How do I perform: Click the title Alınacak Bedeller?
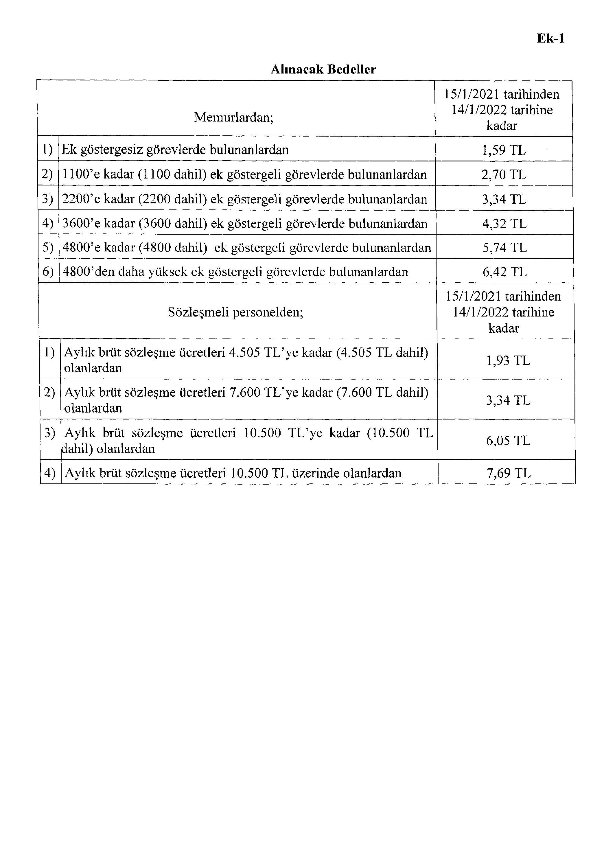(x=323, y=69)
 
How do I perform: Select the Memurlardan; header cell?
(x=234, y=117)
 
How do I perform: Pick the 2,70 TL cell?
(x=504, y=175)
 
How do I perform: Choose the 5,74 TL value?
(x=504, y=248)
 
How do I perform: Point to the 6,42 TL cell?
(x=504, y=272)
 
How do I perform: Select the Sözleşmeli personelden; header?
(x=235, y=312)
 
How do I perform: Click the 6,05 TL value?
(x=508, y=441)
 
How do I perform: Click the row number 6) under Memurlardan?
(x=48, y=272)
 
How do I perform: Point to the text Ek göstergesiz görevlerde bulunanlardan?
(x=175, y=150)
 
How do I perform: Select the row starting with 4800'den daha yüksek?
(x=235, y=272)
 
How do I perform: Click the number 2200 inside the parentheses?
(x=156, y=199)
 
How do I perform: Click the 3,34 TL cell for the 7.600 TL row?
(x=508, y=400)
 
